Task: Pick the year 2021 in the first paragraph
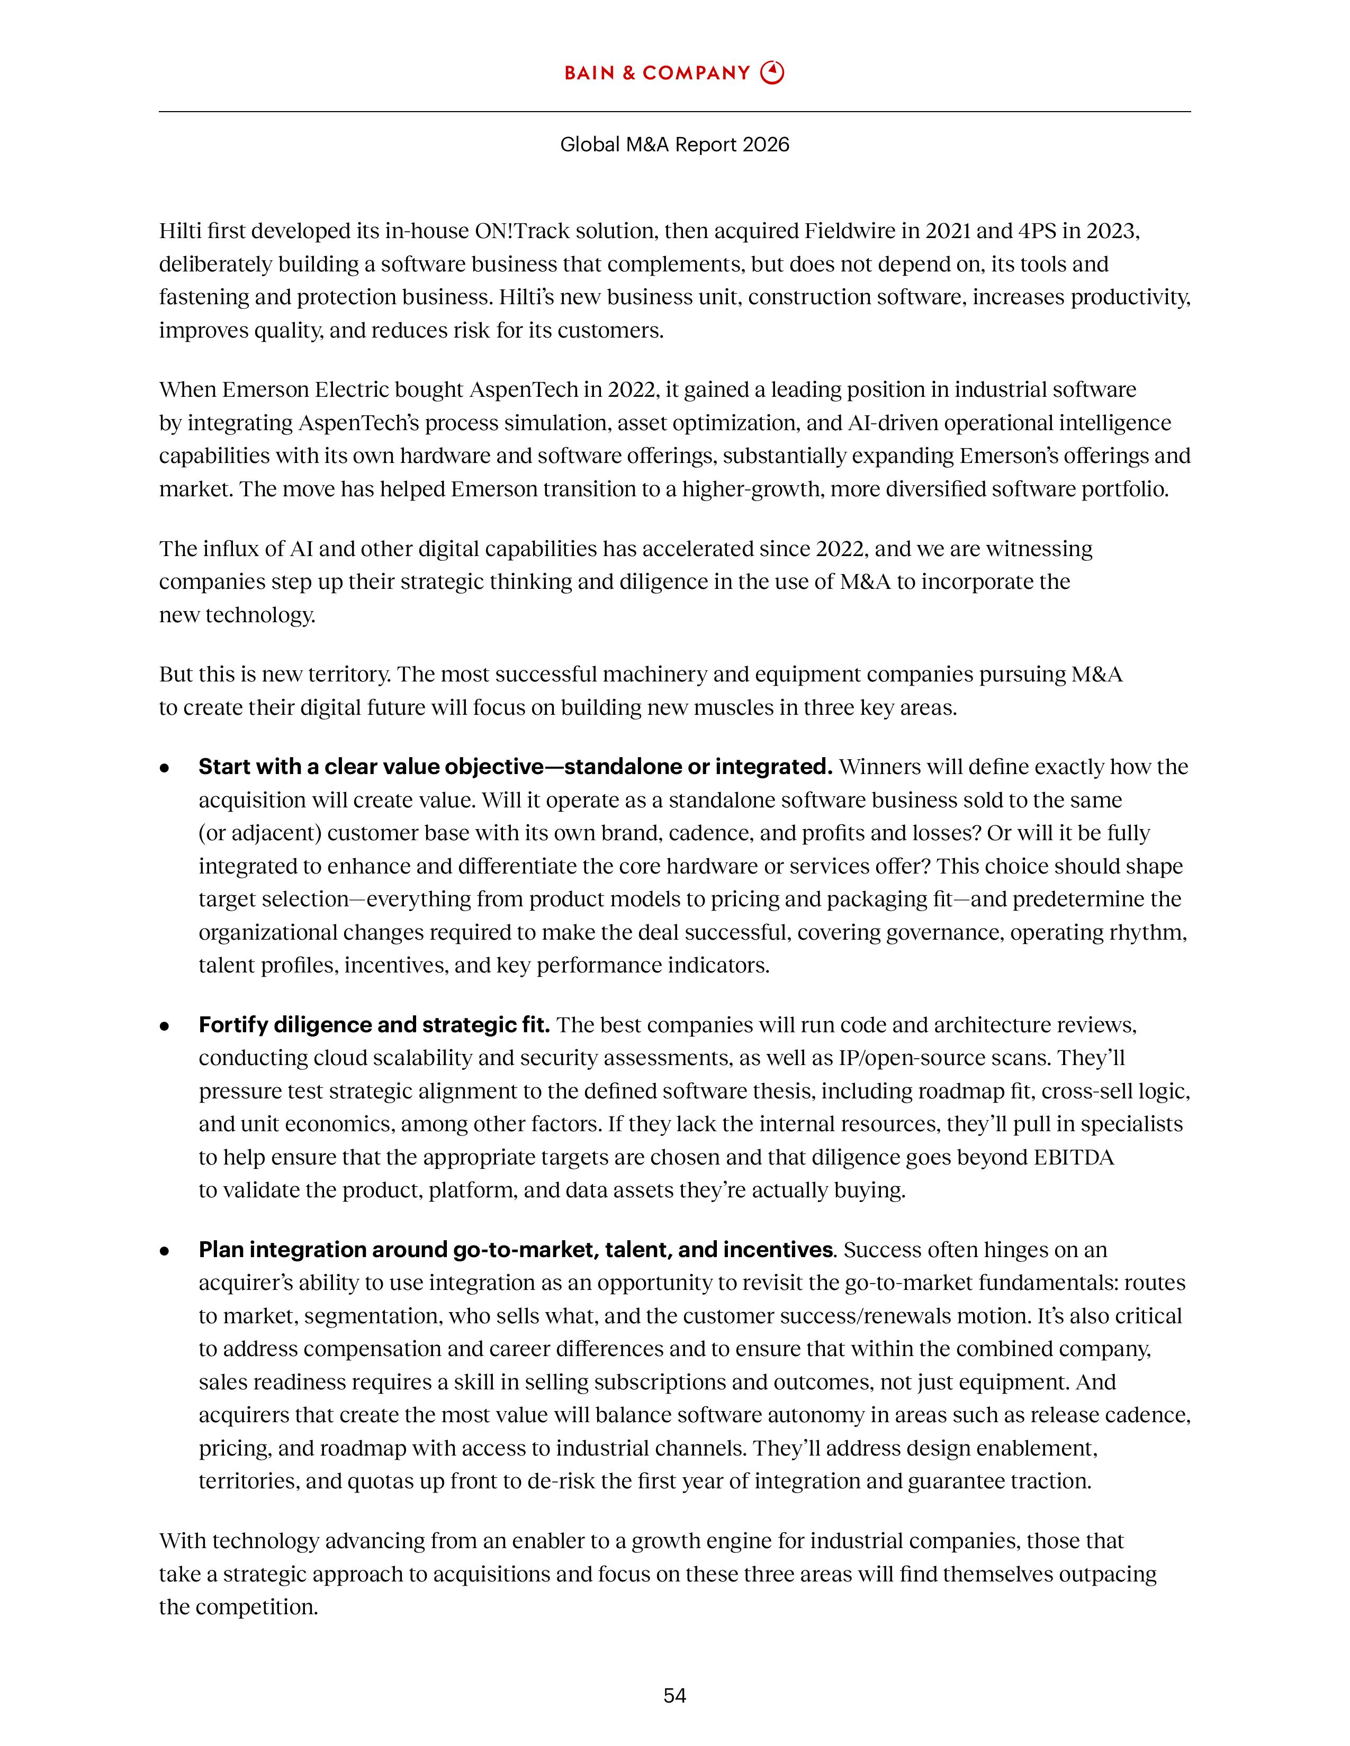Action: (x=948, y=231)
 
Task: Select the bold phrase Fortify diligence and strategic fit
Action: (x=373, y=1025)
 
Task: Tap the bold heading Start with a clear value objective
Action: (x=515, y=767)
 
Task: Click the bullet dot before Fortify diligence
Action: (x=165, y=1026)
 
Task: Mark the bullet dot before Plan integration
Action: (x=165, y=1250)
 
